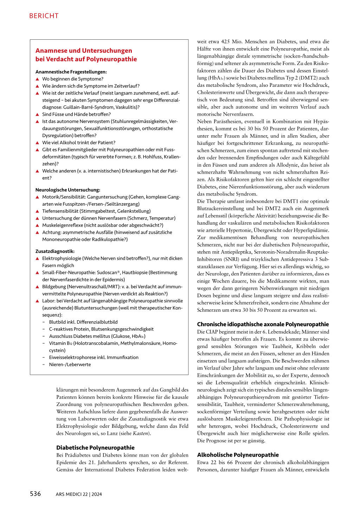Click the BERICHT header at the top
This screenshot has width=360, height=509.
44,16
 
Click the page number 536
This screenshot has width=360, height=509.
36,494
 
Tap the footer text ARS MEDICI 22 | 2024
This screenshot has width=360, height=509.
79,494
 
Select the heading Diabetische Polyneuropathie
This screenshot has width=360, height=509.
95,447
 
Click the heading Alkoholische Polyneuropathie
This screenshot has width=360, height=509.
238,455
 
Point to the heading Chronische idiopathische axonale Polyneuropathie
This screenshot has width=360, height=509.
263,324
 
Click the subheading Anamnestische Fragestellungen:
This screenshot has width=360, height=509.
71,72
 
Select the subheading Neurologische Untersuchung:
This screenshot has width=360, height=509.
67,190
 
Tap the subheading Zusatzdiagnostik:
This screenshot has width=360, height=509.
55,251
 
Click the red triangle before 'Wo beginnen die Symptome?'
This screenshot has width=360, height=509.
37,79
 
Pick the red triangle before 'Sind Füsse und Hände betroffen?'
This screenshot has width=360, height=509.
37,115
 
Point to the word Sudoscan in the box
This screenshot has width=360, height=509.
107,272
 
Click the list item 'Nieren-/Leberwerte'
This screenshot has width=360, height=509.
70,365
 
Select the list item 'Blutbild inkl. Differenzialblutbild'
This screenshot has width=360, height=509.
83,322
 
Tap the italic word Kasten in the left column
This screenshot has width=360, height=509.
140,433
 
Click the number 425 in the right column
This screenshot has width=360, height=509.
225,41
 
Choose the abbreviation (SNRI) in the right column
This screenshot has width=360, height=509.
232,259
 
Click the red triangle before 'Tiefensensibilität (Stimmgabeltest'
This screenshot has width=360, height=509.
37,211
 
